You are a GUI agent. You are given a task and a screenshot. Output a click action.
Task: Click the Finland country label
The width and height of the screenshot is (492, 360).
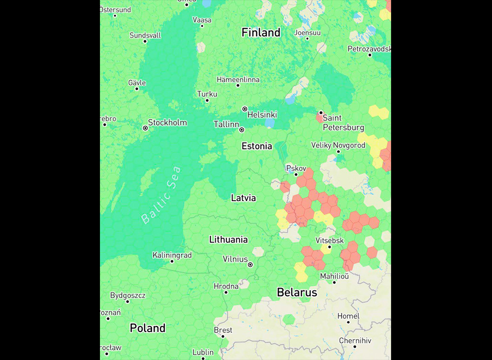click(x=261, y=33)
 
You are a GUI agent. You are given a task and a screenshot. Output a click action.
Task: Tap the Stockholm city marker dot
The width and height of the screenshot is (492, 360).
click(x=145, y=128)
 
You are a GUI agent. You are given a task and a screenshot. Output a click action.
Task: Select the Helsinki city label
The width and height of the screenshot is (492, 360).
click(x=262, y=115)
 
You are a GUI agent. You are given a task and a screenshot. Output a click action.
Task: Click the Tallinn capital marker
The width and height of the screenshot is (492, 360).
click(x=242, y=130)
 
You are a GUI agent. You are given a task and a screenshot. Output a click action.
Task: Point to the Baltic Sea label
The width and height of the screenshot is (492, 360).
click(x=161, y=195)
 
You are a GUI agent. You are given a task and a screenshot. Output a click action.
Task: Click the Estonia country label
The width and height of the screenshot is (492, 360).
click(x=257, y=146)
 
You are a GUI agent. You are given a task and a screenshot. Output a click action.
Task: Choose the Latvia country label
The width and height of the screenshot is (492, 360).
click(x=243, y=198)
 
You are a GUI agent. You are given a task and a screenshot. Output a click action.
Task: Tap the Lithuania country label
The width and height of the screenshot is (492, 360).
click(x=228, y=240)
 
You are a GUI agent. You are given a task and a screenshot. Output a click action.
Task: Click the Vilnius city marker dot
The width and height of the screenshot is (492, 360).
click(x=250, y=264)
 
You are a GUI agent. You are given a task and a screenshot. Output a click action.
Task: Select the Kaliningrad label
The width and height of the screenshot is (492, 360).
click(x=172, y=255)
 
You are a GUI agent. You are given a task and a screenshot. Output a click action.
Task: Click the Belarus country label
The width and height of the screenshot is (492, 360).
click(x=297, y=292)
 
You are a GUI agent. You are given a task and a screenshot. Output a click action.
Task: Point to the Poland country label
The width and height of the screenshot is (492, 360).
click(x=148, y=328)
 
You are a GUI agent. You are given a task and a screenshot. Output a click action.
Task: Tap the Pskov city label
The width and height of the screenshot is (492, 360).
click(x=296, y=168)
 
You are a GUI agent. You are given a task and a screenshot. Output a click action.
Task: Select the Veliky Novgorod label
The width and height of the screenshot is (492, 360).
click(x=338, y=145)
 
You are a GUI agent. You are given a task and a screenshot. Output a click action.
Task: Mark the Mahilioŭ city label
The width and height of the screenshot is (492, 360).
click(x=334, y=276)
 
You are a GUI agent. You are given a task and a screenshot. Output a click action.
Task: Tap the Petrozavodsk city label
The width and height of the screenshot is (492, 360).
click(x=369, y=49)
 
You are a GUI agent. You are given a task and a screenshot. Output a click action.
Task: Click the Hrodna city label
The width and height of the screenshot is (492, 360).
click(x=226, y=287)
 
